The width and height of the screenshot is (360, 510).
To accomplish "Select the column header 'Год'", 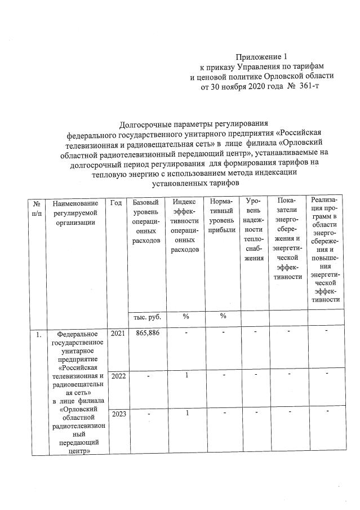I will (116, 202).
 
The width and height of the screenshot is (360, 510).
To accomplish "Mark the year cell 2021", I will (118, 334).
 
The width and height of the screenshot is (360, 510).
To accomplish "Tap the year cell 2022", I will (118, 375).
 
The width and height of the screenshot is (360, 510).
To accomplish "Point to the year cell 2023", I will (118, 414).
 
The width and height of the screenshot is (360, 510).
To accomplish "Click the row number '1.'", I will (37, 335).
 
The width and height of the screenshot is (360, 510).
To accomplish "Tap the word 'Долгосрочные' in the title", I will (145, 124).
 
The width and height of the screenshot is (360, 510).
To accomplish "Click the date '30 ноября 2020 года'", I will (243, 87).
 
